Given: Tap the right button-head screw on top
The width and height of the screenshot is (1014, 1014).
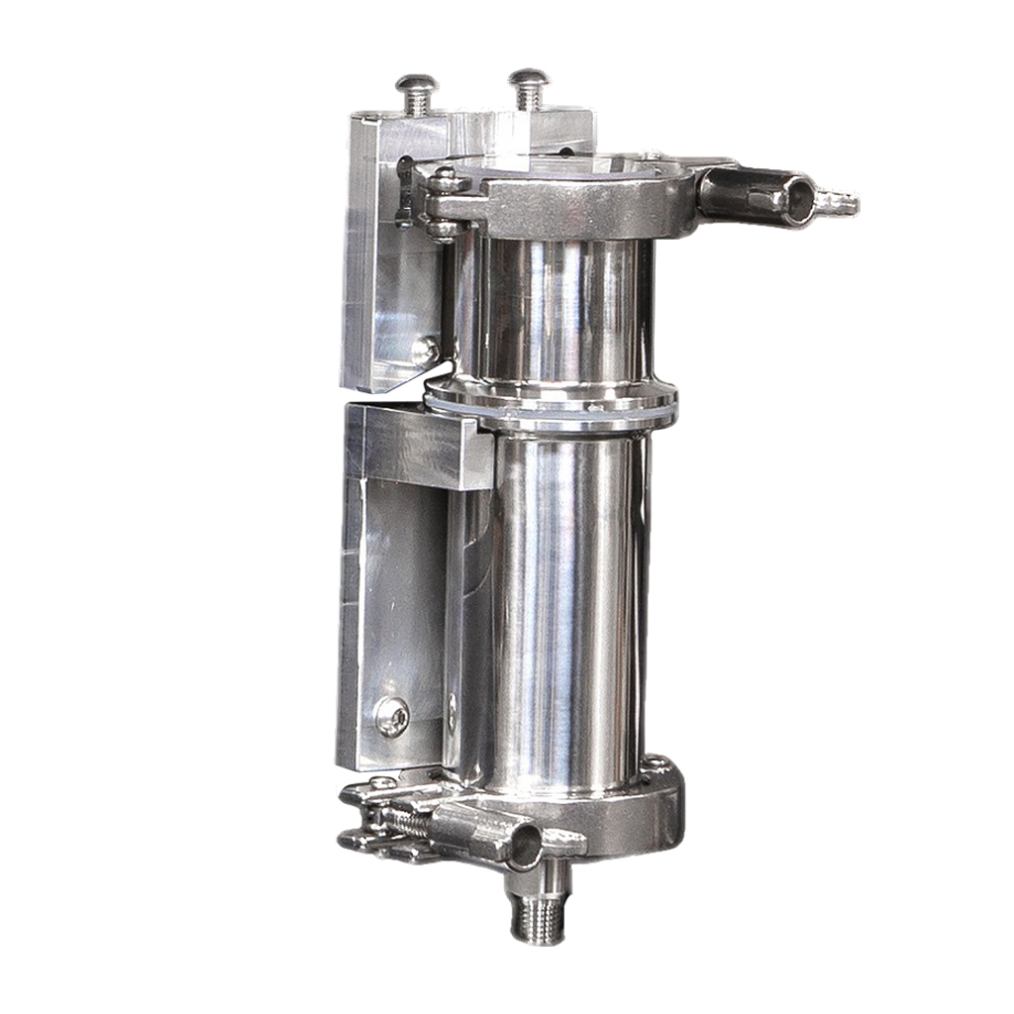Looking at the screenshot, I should [x=528, y=85].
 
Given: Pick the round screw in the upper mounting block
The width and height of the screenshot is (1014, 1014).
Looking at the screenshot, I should [x=423, y=349].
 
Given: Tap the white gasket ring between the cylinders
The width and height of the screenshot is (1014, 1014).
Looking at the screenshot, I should [x=555, y=406].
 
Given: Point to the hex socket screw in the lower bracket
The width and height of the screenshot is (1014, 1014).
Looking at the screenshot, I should [x=392, y=715].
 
